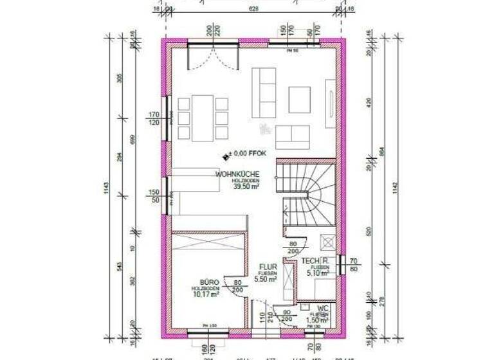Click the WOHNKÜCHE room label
(x=237, y=174)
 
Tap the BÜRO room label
(x=210, y=282)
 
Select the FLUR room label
(x=268, y=266)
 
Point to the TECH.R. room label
(x=317, y=260)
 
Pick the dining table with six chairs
(x=203, y=117)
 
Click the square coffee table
(x=299, y=99)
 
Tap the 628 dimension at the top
(x=253, y=9)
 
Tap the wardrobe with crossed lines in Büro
(x=208, y=244)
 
